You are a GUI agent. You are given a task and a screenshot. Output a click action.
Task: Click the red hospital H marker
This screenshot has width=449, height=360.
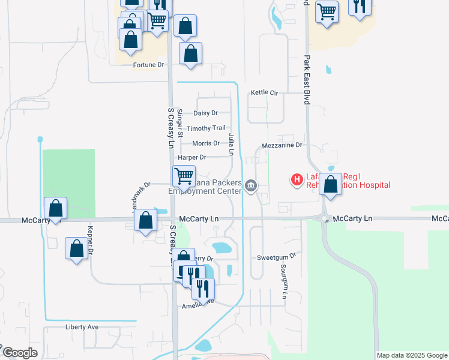296,179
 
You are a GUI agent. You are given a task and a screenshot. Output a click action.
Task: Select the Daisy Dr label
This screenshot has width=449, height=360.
205,113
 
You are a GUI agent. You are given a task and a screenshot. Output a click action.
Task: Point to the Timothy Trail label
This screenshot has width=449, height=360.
206,128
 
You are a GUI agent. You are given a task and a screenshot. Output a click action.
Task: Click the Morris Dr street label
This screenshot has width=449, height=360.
206,143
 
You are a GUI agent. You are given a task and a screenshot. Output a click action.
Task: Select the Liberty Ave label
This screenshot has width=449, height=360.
82,328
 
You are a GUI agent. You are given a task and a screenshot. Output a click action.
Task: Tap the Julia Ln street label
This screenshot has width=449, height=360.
231,146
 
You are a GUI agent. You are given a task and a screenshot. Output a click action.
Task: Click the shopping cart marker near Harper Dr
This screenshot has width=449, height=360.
184,176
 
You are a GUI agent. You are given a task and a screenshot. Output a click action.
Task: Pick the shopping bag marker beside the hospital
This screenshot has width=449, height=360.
330,184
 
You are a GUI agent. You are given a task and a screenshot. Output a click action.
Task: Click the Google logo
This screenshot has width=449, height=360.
20,353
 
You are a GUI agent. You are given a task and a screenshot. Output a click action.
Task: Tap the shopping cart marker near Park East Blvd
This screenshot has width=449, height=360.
327,11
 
